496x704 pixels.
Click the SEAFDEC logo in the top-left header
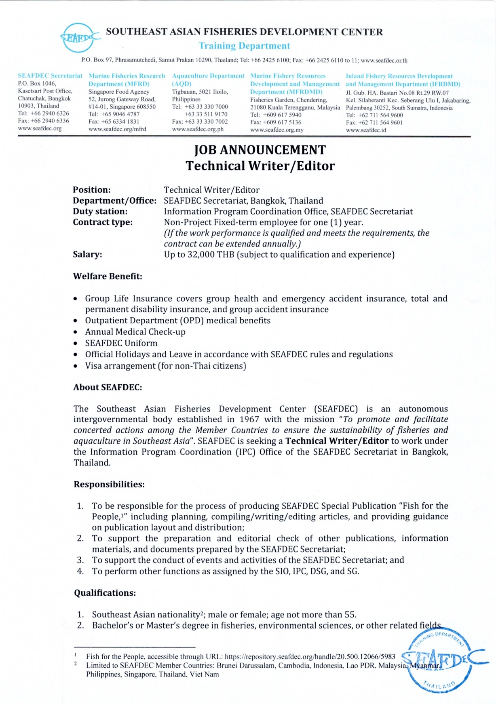pos(80,37)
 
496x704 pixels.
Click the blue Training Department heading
pos(244,46)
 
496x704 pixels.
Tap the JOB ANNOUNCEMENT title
pos(260,150)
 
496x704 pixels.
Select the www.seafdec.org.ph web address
pos(198,129)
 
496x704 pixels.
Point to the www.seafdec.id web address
pos(366,130)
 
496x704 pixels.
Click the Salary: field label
pos(87,254)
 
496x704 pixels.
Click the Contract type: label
pos(103,222)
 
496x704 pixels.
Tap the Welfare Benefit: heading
pos(108,276)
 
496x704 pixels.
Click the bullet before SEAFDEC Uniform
pos(76,344)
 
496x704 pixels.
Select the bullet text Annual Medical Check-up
pos(135,332)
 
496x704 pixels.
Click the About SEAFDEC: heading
pos(108,387)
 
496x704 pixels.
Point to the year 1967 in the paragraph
pos(249,419)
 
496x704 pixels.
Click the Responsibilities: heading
pos(109,484)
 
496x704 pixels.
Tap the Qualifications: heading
pos(105,593)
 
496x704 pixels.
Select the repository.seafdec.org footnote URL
pos(310,657)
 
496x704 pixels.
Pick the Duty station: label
pos(100,211)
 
